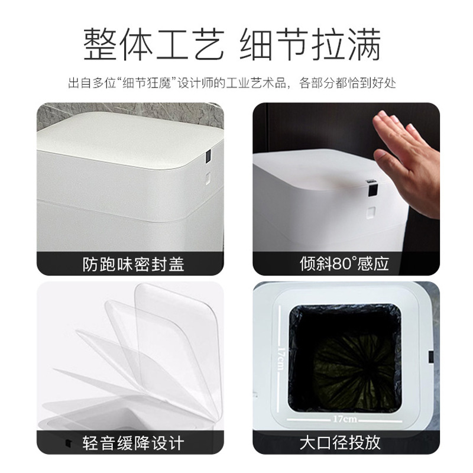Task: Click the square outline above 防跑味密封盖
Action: tap(209, 176)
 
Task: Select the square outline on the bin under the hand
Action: tap(371, 212)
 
